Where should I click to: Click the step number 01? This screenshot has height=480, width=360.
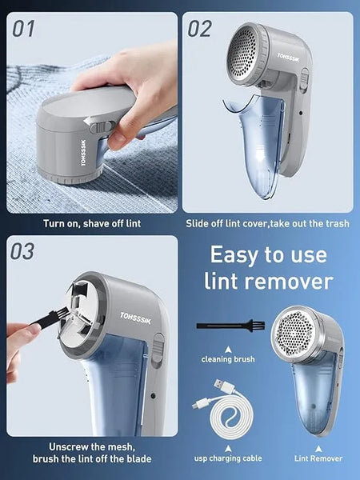pos(25,29)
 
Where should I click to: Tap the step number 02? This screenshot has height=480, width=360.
pos(199,29)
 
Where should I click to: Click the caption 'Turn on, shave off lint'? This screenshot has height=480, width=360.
pos(92,223)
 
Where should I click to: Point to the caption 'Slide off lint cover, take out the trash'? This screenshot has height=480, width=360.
pos(267,223)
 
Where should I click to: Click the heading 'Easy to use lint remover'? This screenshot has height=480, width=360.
pos(268,268)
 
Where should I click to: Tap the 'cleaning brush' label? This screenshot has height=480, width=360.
pos(228,360)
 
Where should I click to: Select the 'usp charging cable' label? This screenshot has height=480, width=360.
pos(227,458)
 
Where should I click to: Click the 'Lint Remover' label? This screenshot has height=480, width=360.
pos(318,458)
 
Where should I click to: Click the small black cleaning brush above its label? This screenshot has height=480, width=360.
pos(227,326)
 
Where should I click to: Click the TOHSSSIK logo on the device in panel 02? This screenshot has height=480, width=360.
pos(290,57)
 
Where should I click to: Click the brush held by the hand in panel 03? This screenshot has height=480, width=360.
pos(48,322)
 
